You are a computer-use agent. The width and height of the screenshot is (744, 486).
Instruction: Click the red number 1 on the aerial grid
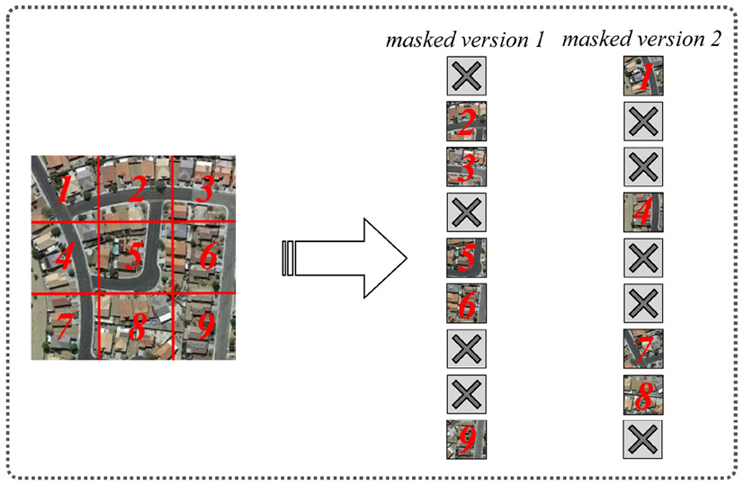tap(64, 189)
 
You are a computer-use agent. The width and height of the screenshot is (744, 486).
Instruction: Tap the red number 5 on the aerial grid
tap(133, 259)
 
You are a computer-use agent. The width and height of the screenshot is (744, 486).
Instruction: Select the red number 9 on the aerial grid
tap(205, 328)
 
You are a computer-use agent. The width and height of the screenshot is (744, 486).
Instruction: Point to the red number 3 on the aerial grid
tap(204, 190)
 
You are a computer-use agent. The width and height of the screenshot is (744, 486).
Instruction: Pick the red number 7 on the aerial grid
tap(63, 328)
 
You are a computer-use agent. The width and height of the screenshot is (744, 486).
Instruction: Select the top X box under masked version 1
tap(465, 76)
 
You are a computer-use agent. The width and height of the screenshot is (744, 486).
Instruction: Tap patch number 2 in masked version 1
tap(465, 121)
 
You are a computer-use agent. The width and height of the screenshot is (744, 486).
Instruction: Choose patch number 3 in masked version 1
tap(465, 166)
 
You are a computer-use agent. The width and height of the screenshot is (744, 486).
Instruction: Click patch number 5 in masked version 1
tap(465, 257)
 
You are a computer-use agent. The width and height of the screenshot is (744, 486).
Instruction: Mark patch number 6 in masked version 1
tap(465, 303)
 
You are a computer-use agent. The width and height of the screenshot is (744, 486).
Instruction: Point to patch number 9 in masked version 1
tap(465, 439)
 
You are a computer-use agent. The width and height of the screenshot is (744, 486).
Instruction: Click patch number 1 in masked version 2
tap(643, 76)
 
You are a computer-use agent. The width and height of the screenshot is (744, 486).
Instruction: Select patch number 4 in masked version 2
tap(643, 212)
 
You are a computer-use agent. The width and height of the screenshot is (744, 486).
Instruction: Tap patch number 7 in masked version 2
tap(643, 348)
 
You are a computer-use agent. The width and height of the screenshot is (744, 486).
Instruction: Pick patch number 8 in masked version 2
tap(643, 393)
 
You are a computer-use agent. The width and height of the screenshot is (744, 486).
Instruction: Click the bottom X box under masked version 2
tap(643, 439)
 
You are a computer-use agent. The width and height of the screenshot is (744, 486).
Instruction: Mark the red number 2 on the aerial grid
tap(136, 190)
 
